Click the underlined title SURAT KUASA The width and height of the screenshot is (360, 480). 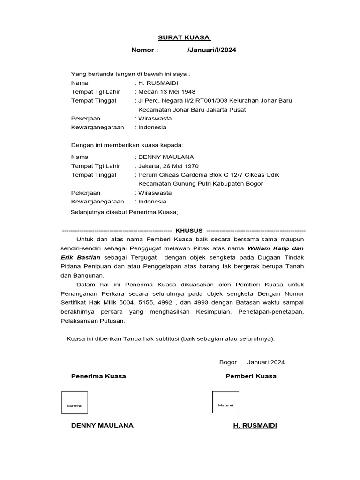coord(184,37)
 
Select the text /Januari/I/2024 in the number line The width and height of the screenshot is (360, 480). coord(211,50)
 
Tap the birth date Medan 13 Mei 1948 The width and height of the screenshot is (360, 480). coord(166,92)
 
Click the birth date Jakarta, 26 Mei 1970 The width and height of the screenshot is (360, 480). coord(168,166)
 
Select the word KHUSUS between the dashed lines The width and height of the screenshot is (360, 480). coord(189,231)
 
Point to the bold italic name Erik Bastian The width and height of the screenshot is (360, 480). coord(80,257)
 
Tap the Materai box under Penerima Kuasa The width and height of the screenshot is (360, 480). coord(75,402)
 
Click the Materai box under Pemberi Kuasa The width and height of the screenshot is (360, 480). coord(225,402)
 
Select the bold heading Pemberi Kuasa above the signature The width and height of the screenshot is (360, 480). coord(251,376)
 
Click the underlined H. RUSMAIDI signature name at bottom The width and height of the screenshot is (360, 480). coord(255,425)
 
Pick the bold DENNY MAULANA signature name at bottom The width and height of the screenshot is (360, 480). coord(102,425)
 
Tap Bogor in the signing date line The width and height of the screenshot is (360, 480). coord(228,362)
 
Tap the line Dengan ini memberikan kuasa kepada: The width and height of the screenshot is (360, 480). coord(127,145)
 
